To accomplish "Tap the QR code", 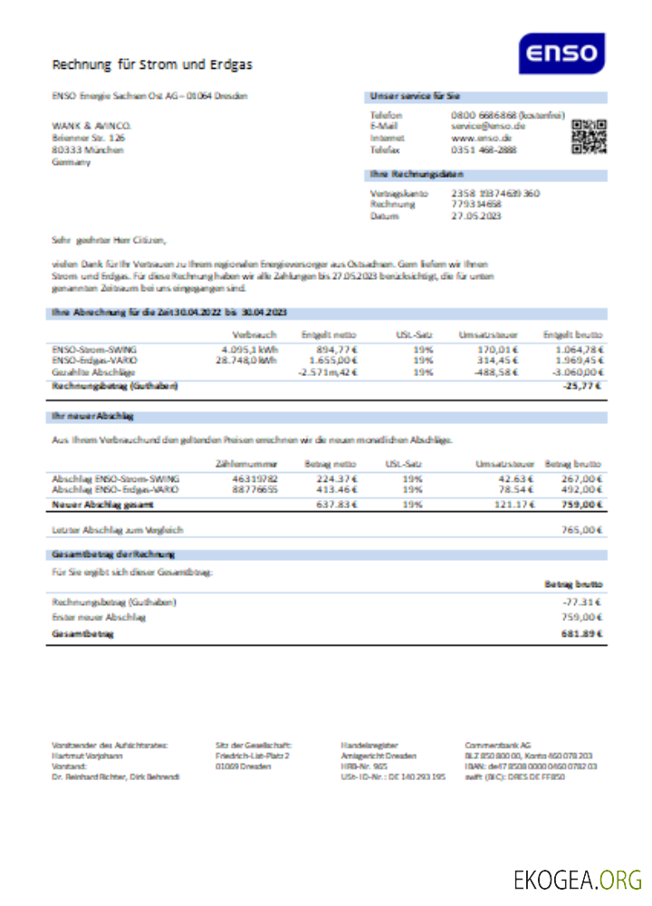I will [590, 138].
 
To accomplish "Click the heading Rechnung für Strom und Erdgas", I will [152, 64].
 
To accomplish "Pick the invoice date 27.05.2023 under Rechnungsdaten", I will [476, 217].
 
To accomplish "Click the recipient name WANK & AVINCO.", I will [91, 125].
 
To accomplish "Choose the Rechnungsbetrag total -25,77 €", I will [583, 386].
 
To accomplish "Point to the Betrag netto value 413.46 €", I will [333, 489].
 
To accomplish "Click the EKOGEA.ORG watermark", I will [577, 879].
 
